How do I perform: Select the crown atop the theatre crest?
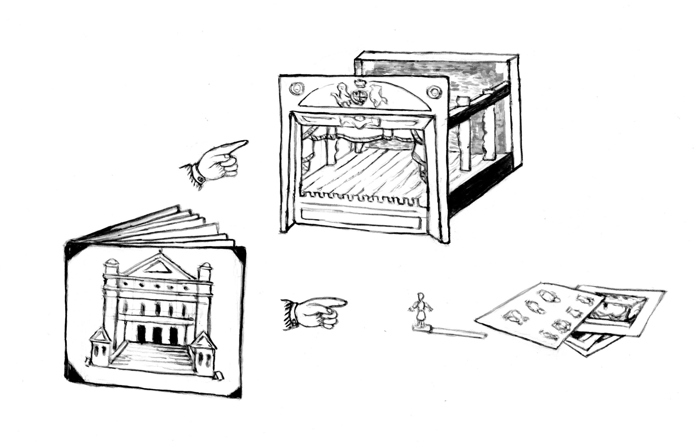pyautogui.click(x=360, y=84)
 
